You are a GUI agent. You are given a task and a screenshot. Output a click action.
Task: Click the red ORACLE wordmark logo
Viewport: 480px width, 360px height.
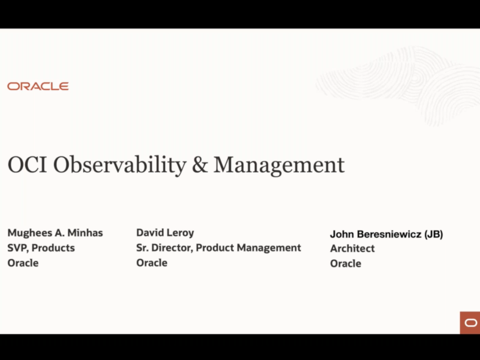click(38, 86)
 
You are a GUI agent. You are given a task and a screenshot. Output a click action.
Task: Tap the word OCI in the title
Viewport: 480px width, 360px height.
click(27, 164)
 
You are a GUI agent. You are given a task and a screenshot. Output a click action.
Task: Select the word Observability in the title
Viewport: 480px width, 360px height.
click(119, 166)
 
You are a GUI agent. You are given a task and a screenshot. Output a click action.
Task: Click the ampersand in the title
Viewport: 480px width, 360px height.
click(200, 164)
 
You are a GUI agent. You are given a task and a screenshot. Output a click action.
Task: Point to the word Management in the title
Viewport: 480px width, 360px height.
click(279, 166)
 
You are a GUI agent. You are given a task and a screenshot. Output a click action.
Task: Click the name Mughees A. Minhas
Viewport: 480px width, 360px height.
click(55, 233)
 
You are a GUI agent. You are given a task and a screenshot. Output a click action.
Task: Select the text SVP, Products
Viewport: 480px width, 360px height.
click(41, 248)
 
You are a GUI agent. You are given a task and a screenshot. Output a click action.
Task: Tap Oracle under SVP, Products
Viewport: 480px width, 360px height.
click(23, 263)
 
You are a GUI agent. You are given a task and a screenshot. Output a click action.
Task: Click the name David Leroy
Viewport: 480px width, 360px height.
click(165, 233)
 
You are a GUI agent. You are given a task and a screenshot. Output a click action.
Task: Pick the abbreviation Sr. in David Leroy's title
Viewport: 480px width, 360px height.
click(142, 247)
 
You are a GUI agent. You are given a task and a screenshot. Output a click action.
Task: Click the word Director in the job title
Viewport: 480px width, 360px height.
click(172, 248)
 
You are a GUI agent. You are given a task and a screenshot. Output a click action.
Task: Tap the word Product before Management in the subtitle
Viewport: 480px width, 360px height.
click(215, 247)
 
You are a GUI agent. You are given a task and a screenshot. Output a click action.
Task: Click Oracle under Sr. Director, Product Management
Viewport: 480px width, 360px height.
click(152, 263)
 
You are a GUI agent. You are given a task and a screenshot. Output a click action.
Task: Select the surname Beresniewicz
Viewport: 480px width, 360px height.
click(389, 234)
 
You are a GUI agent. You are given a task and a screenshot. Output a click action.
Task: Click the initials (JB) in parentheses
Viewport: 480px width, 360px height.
click(433, 234)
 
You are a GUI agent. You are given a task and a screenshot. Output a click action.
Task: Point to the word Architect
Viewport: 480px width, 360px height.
click(352, 248)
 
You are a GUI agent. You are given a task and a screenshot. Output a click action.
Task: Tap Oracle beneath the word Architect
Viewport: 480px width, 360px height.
click(346, 263)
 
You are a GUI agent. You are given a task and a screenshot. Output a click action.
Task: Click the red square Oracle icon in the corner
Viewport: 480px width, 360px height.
click(470, 323)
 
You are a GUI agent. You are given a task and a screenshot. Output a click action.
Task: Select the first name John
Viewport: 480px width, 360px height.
click(342, 234)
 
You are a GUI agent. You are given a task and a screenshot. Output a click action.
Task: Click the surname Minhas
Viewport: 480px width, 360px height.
click(85, 233)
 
